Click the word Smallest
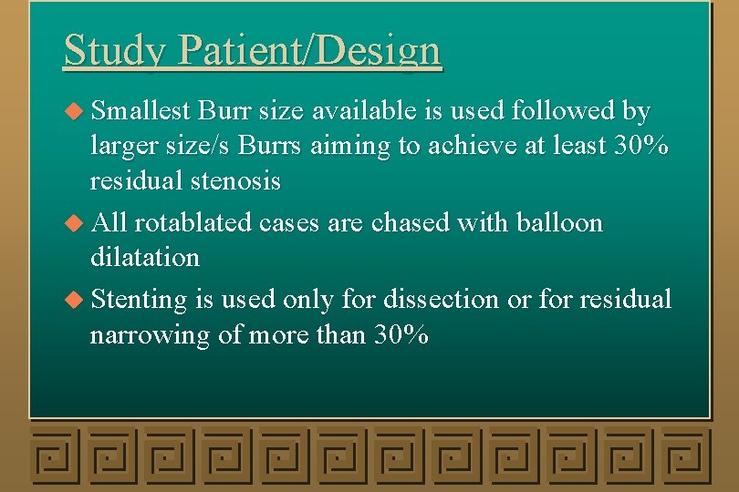(x=141, y=111)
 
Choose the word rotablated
(x=195, y=222)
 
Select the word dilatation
(x=144, y=257)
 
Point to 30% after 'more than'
(x=401, y=335)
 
